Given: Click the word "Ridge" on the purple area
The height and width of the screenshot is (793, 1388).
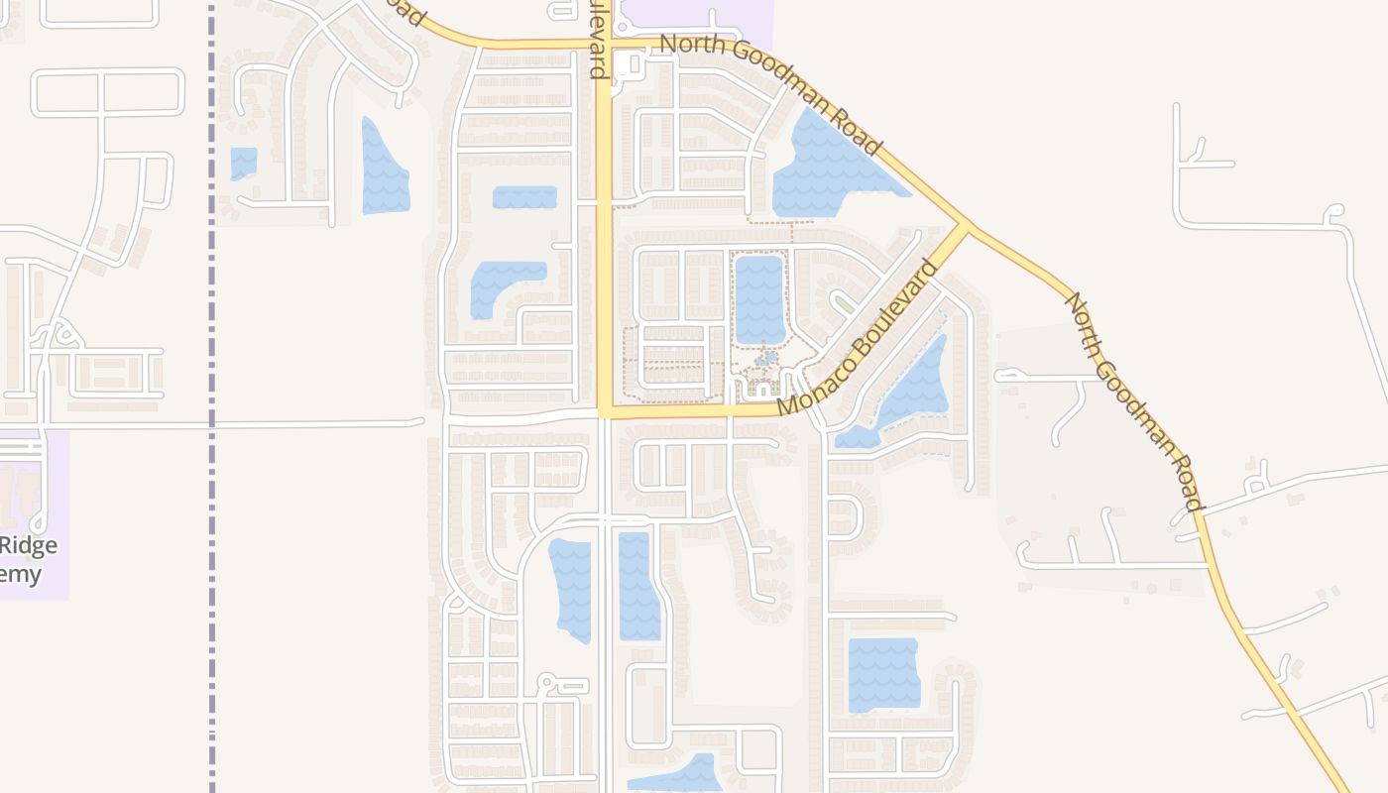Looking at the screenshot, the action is coord(30,545).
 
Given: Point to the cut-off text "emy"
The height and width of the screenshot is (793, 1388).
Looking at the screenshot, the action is coord(22,574).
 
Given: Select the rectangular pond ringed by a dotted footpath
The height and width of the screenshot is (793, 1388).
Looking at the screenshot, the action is coord(759,298).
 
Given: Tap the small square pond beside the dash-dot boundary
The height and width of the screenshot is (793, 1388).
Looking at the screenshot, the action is coord(244,163).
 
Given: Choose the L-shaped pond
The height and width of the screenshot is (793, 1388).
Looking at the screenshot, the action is coord(496,283).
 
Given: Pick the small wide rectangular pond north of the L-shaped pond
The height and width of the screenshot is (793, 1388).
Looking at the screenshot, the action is coord(524,197).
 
